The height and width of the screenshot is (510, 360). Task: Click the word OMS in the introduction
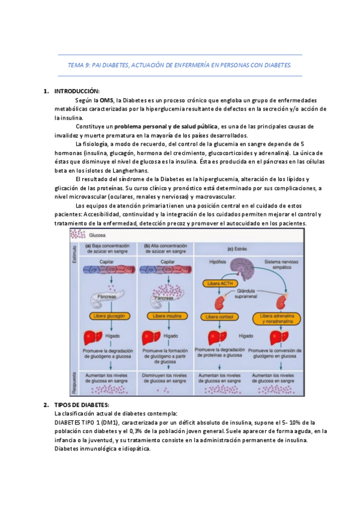click(106, 100)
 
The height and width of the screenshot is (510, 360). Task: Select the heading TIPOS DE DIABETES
click(82, 405)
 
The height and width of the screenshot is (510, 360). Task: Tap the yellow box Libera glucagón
click(108, 315)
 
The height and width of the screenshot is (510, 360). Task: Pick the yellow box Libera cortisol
click(220, 316)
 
